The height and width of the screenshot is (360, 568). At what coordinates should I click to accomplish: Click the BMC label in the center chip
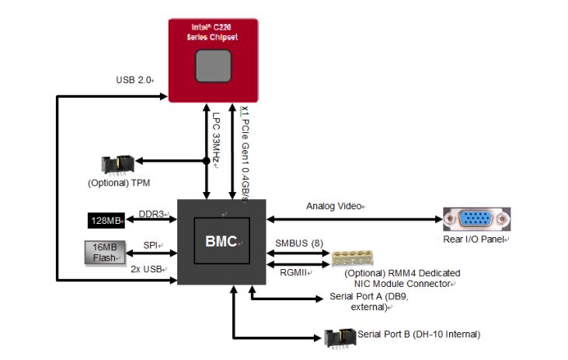[221, 241]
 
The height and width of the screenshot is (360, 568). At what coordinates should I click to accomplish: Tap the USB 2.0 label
[134, 79]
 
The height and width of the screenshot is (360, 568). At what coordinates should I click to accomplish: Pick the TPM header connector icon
[117, 165]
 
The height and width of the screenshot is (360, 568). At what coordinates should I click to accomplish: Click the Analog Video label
[336, 206]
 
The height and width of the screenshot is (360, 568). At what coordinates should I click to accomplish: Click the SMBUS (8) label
[299, 243]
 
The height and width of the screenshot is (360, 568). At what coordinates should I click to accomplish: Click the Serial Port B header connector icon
[340, 336]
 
